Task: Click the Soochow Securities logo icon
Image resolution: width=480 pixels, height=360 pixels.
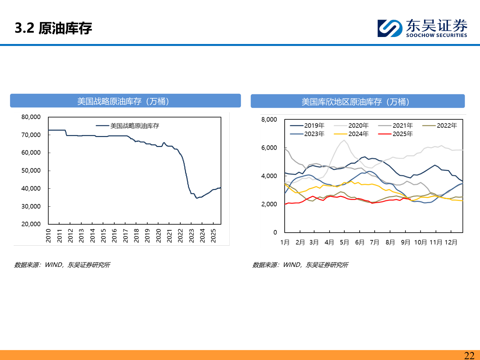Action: coord(390,28)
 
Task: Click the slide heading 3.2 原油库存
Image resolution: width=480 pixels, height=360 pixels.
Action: coord(53,28)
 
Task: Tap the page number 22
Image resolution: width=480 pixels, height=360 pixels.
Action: coord(469,355)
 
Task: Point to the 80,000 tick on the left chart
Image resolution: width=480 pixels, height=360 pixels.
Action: coord(31,117)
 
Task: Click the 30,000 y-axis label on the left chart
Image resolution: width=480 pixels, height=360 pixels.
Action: coord(31,206)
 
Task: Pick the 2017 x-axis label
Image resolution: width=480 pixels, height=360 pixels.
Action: coord(126,235)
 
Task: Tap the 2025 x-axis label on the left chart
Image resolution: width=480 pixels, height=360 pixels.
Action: coord(214,235)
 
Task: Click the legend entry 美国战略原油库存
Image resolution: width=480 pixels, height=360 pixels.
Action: coord(134,126)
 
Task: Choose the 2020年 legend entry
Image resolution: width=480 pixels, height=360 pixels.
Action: coord(358,126)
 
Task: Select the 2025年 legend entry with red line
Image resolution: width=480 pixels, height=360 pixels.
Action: coord(402,134)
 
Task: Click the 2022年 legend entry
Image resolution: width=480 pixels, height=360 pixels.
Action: coord(447,126)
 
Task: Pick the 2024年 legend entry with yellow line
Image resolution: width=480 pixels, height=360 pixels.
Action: coord(358,134)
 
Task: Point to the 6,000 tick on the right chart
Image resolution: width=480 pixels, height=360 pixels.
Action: coord(269,148)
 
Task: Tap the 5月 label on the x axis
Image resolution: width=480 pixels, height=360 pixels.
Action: coord(344,242)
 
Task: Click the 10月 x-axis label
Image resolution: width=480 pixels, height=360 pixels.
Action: coord(420,242)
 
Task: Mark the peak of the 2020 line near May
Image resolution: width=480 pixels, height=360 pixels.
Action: coord(344,140)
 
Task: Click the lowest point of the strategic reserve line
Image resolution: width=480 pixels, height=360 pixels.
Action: coord(197,198)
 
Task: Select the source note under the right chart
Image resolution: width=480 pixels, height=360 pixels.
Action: coord(300,265)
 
